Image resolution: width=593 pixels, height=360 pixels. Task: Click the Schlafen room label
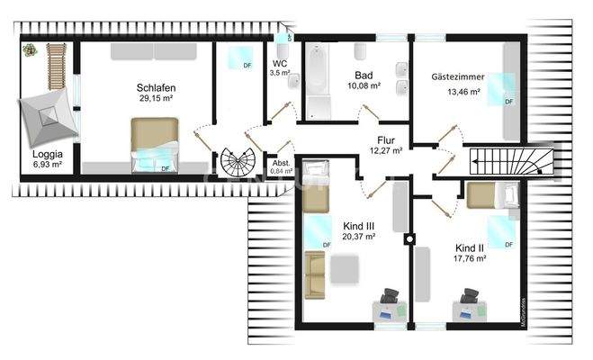(156, 87)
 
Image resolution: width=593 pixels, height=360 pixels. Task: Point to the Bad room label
(364, 75)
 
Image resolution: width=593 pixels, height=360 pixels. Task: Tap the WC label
(280, 64)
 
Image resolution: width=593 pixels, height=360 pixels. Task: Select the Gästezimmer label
(458, 78)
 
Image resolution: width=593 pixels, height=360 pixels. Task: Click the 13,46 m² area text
(458, 91)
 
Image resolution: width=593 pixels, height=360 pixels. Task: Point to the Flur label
(387, 140)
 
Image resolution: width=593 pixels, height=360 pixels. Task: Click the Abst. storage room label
(281, 163)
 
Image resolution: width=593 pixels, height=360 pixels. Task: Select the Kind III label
(359, 225)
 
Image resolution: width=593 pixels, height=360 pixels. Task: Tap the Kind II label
(470, 247)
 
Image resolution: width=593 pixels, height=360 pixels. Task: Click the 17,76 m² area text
(470, 258)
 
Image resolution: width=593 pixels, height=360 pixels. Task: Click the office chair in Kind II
(468, 297)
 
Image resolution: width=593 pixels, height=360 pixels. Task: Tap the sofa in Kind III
(314, 274)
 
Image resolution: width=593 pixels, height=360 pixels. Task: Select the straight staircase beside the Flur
(506, 162)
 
